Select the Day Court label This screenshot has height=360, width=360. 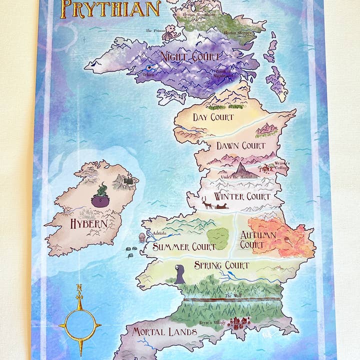coord(213,117)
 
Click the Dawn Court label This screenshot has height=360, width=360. coord(240,146)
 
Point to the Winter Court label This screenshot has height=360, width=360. coord(242,196)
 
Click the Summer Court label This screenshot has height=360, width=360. coord(177,246)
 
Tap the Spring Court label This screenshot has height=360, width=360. coord(221,265)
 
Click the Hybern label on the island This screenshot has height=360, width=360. coord(88,223)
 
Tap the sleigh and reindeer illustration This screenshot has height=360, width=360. coord(215,204)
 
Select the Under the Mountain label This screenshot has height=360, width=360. coord(238,177)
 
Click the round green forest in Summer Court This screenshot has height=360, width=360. coord(217,238)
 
